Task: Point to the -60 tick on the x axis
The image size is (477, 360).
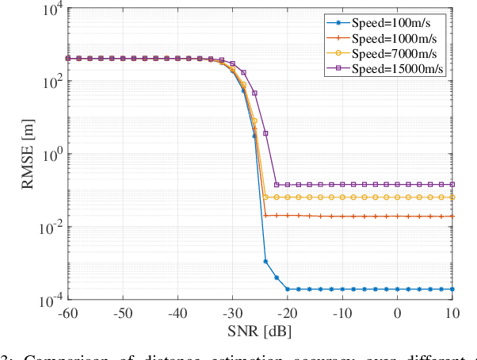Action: [x=67, y=313]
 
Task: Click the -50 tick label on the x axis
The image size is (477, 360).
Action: [x=123, y=313]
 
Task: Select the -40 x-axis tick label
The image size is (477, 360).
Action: [x=177, y=313]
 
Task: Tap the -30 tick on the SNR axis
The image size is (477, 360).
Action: [x=232, y=313]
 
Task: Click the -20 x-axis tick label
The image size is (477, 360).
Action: [x=287, y=313]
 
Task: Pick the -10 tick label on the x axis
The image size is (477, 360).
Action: [x=342, y=313]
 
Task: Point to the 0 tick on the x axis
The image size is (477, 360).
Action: [x=398, y=313]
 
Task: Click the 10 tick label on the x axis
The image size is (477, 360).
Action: [x=452, y=313]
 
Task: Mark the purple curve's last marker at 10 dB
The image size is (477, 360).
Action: [x=452, y=185]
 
